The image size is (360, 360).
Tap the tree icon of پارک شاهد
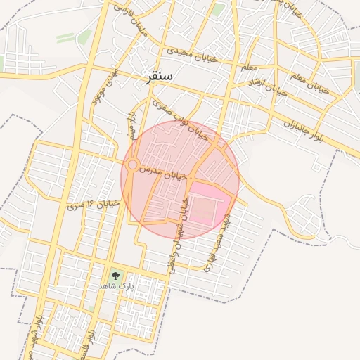click(x=116, y=276)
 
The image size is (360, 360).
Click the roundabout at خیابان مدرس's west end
click(x=131, y=165)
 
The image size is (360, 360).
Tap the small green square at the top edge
click(x=219, y=9)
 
